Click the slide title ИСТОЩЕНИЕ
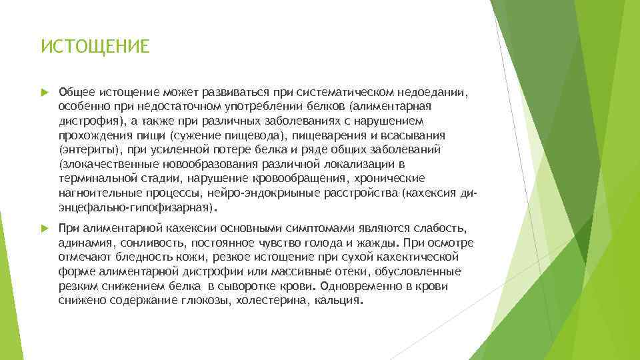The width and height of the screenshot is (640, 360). tap(95, 47)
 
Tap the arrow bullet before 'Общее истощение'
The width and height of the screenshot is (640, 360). tap(45, 92)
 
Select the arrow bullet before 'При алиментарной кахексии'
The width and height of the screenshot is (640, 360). tap(45, 227)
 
